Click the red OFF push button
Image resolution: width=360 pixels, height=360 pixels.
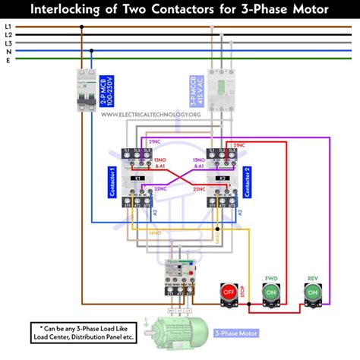pos(228,292)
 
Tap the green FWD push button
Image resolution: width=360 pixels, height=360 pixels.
pos(270,292)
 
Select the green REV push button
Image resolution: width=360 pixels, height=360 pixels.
pos(312,292)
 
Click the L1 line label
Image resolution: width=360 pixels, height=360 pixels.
pos(8,27)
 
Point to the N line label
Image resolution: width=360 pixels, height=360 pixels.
pos(8,52)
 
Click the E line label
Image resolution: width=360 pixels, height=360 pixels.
pos(8,61)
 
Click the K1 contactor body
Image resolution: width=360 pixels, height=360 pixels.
pos(138,178)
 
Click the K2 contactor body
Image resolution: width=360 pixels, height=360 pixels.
pos(221,178)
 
